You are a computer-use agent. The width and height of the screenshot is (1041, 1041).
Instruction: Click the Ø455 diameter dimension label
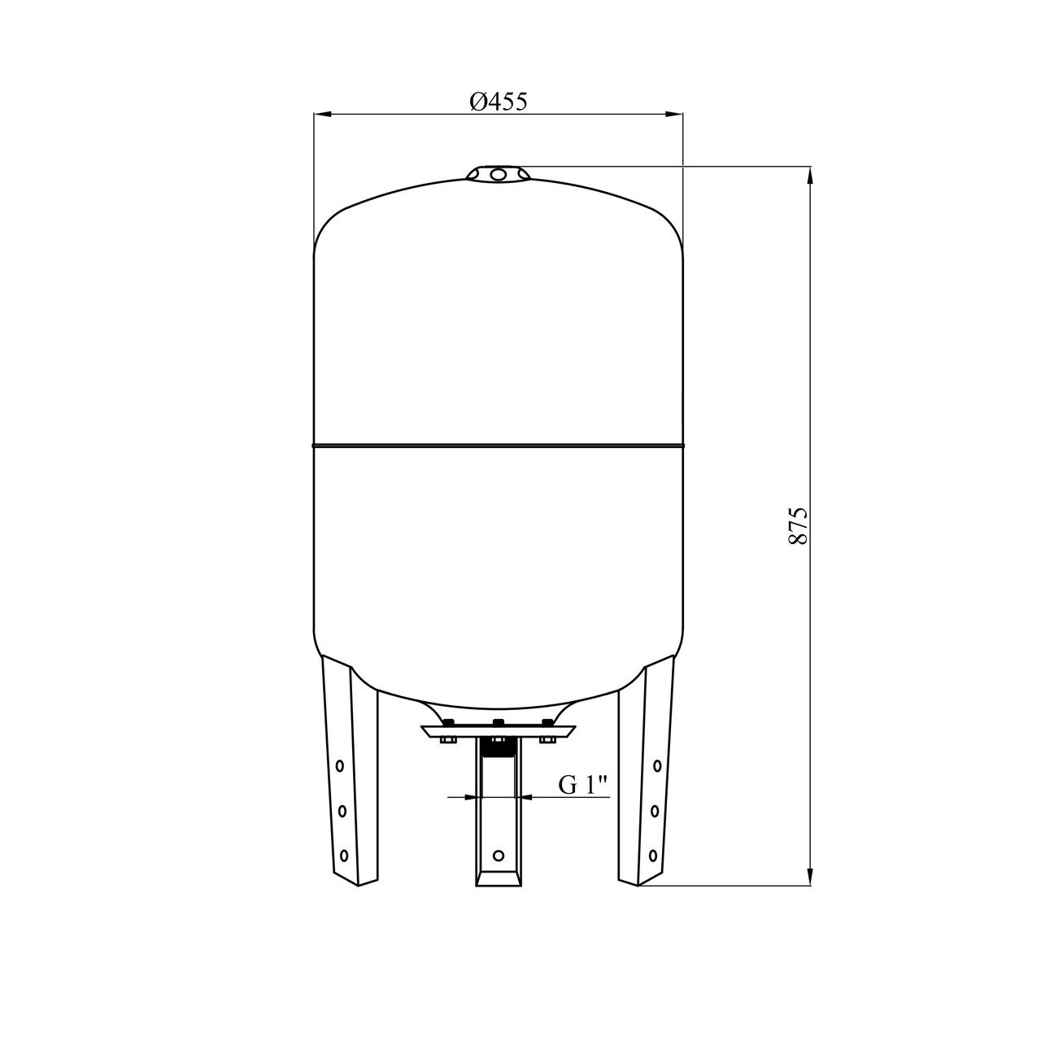(x=498, y=101)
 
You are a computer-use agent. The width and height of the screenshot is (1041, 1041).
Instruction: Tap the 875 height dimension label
(x=798, y=525)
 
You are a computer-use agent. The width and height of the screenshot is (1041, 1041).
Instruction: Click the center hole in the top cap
(x=498, y=174)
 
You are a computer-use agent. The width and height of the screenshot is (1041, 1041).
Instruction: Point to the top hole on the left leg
(x=340, y=765)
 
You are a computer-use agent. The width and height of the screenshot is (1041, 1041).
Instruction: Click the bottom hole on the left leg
(x=344, y=855)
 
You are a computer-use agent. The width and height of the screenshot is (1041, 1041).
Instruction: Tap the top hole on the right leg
(x=657, y=765)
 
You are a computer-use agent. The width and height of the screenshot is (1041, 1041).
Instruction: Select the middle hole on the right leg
(x=656, y=810)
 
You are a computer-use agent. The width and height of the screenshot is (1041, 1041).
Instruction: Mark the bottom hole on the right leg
(x=653, y=855)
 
